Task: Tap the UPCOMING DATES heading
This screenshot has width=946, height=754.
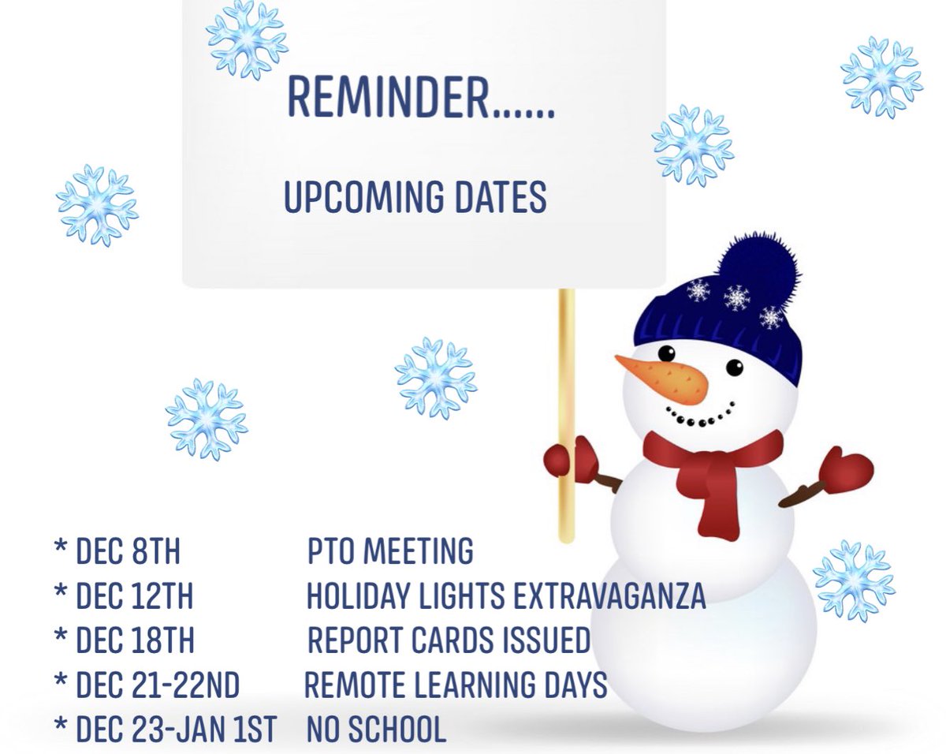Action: point(415,197)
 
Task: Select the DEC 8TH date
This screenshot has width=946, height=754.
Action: point(128,551)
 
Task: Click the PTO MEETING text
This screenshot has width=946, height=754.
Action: point(390,551)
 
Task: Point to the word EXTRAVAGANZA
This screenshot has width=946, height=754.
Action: point(609,596)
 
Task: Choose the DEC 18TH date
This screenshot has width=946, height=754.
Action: point(134,641)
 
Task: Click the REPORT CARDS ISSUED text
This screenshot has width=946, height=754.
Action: point(449,641)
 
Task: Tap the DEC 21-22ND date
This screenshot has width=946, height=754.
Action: point(157,685)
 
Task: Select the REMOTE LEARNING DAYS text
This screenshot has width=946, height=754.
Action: point(456,685)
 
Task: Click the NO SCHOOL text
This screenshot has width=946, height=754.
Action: point(376,730)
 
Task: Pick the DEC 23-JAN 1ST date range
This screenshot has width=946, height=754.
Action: point(176,730)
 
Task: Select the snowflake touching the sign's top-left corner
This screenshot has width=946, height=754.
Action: point(247,37)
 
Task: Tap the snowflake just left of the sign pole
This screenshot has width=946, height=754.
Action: point(436,377)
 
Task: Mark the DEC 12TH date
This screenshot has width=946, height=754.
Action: point(134,596)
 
